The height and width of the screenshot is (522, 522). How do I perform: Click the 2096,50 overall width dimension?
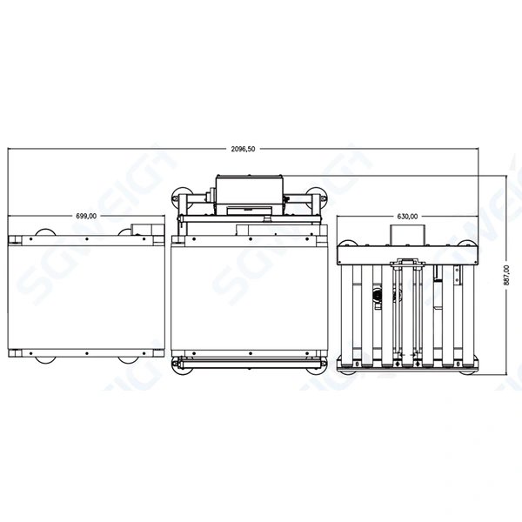[x=244, y=150]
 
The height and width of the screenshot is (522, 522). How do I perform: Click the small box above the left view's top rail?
[x=142, y=231]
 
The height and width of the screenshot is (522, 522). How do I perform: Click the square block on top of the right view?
[x=407, y=235]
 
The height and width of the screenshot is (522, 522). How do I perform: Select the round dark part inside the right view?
[x=377, y=297]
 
